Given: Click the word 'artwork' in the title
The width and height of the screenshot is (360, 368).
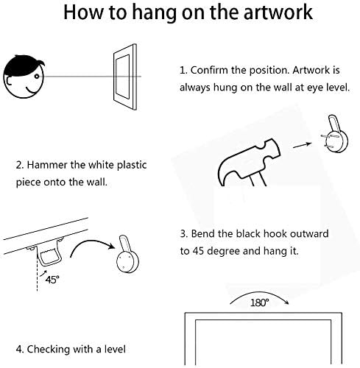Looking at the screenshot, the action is [278, 13].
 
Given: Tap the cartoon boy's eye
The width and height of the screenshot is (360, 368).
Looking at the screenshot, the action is [37, 77].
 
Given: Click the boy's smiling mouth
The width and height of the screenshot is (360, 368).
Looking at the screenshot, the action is [32, 91].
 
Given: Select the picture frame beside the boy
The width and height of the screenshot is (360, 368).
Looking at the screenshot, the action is [125, 77].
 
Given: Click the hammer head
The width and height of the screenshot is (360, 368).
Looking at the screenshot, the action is [248, 162].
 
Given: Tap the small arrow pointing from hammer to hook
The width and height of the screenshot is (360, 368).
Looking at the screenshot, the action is [302, 145].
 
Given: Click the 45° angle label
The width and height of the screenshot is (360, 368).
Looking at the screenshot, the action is [52, 280].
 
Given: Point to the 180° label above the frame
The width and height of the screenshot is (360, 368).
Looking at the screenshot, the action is [259, 302].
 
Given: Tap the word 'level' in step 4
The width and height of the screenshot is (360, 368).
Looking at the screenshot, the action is [115, 349].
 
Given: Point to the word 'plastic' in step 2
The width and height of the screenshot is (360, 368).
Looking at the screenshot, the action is [132, 166].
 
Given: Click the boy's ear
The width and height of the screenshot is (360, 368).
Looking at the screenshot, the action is [9, 81].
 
